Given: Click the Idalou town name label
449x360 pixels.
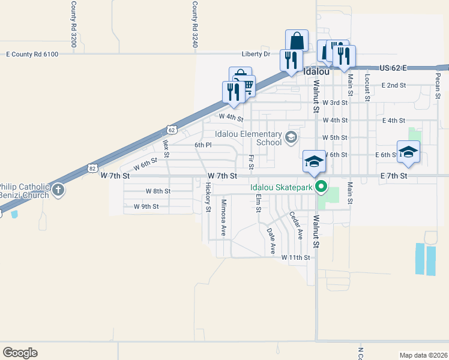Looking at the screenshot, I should coord(317,71).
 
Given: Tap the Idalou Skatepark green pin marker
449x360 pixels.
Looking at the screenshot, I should coord(321,187).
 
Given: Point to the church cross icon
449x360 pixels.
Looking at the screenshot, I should coord(58,191).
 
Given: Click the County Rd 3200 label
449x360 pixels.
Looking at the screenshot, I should coord(73,16).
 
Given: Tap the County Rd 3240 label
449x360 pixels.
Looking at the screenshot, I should coord(194,16).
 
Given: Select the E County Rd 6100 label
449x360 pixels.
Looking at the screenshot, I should coord(32,55).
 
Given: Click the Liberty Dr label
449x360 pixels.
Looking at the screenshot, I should coord(256,54).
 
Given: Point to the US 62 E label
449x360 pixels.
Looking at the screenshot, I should coord(393,68).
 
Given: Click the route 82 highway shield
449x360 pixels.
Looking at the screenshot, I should coord(91,169).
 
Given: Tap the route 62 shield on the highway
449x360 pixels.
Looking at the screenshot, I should coord(172,129).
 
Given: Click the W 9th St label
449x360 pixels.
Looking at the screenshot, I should coord(146,206).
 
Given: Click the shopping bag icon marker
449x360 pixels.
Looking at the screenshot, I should coord(297,41).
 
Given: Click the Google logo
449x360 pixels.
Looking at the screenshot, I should coord(20,353).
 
